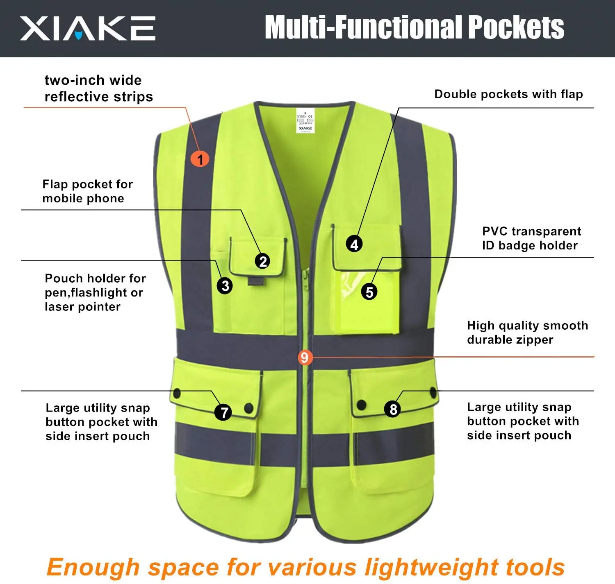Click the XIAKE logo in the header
point(88,28)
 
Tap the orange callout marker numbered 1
point(200,159)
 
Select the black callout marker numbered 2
point(263,261)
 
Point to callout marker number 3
point(225,285)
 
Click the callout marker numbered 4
point(354,244)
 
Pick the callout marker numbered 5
point(369,292)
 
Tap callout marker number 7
point(223,412)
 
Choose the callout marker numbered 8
point(393,409)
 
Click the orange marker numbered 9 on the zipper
point(304,358)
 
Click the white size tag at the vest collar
point(305,121)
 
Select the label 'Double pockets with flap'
point(508,94)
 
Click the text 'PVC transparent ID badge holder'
point(531,238)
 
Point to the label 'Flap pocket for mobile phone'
point(87,191)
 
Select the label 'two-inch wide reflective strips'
point(98,88)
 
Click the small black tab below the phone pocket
point(255,281)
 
